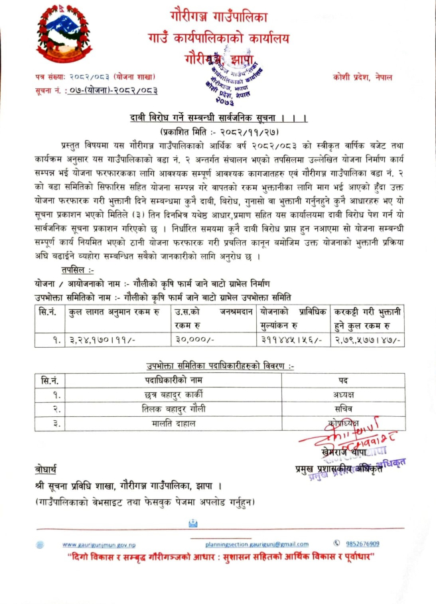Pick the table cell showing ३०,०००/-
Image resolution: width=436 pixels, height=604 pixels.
[193, 339]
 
